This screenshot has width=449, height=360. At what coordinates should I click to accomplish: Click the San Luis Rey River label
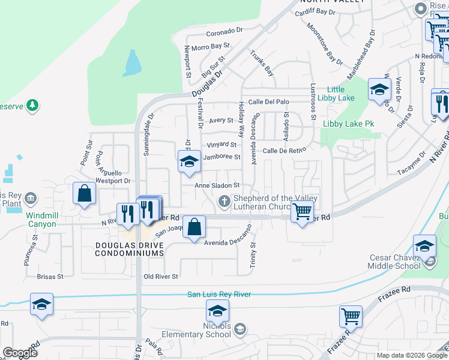(219, 294)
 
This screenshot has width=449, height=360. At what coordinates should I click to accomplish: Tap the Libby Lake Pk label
(349, 124)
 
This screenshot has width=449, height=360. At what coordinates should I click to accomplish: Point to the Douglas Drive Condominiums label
(129, 249)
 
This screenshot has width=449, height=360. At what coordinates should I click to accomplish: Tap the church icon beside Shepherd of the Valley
(224, 201)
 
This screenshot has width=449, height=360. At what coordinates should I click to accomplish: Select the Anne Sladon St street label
(217, 185)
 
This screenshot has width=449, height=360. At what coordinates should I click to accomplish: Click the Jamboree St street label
(221, 157)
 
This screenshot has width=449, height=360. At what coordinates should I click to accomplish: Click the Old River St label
(161, 277)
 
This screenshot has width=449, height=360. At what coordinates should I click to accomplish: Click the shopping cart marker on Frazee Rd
(351, 316)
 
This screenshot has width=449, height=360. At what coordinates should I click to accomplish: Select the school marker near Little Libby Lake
(379, 90)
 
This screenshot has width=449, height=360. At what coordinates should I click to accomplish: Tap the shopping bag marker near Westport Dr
(85, 193)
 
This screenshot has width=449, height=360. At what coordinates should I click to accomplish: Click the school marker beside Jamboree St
(189, 161)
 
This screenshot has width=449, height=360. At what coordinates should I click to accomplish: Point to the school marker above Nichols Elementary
(217, 311)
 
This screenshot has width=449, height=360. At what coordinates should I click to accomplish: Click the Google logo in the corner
(20, 353)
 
